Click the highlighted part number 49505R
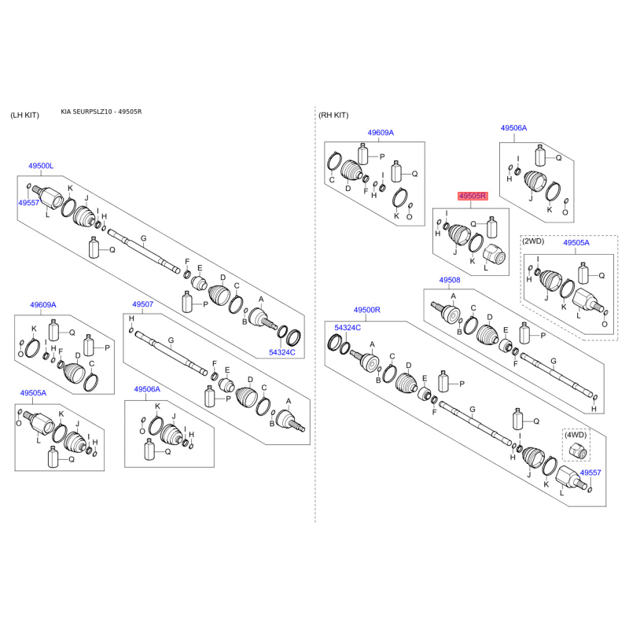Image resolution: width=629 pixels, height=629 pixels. (x=473, y=196)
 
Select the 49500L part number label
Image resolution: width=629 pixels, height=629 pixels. (x=41, y=166)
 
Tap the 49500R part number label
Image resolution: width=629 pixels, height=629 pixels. (x=366, y=310)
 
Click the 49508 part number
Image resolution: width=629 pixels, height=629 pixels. (x=450, y=280)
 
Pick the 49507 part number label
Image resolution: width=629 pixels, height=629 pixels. (x=143, y=304)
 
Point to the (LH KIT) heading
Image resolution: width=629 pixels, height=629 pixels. (x=25, y=115)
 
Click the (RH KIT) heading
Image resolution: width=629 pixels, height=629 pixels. (x=333, y=115)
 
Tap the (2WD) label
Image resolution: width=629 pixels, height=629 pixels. (x=533, y=241)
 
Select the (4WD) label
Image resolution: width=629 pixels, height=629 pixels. (x=576, y=435)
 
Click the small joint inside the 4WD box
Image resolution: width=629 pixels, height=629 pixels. (x=577, y=451)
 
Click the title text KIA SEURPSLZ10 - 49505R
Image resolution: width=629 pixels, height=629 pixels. (x=101, y=112)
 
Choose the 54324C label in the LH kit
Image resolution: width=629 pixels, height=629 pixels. (x=282, y=352)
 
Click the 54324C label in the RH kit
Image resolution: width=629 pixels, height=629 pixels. (x=348, y=327)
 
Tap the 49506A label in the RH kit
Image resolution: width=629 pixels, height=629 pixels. (x=514, y=128)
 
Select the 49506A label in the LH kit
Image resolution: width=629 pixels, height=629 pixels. (x=147, y=389)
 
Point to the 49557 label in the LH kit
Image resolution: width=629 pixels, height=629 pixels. (x=28, y=203)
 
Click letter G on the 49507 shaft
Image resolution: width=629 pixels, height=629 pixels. (x=171, y=340)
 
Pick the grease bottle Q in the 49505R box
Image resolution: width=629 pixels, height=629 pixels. (x=492, y=227)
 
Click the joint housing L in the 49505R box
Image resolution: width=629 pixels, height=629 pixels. (x=494, y=254)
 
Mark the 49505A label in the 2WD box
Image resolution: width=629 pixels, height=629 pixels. (x=576, y=242)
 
